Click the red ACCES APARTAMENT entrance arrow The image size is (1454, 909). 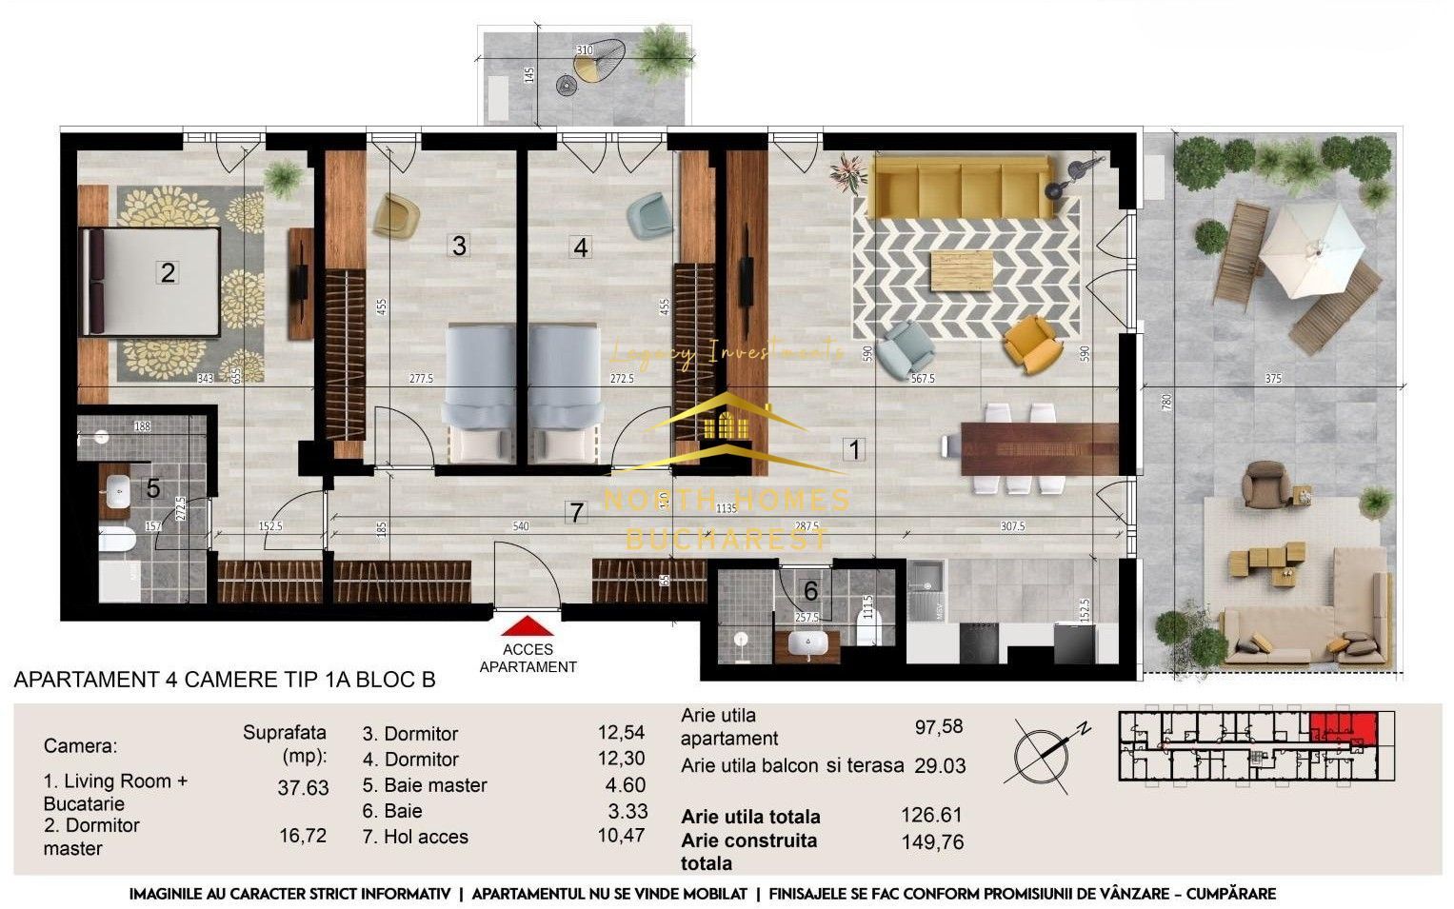pyautogui.click(x=527, y=625)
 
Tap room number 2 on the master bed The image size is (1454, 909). pyautogui.click(x=168, y=272)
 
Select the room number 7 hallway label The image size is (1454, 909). pyautogui.click(x=575, y=512)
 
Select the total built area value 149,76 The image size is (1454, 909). pyautogui.click(x=932, y=841)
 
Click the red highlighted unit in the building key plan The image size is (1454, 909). pyautogui.click(x=1343, y=727)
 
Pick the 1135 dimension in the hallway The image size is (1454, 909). pyautogui.click(x=727, y=508)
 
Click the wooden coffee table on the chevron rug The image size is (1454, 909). pyautogui.click(x=961, y=271)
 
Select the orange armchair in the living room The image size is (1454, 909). pyautogui.click(x=1031, y=344)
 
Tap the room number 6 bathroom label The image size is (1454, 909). pyautogui.click(x=810, y=591)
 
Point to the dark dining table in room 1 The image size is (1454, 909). pyautogui.click(x=1039, y=448)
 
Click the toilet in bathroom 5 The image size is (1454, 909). pyautogui.click(x=116, y=540)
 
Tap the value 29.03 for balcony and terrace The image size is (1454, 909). pyautogui.click(x=939, y=765)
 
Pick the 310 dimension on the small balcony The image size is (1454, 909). pyautogui.click(x=584, y=50)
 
